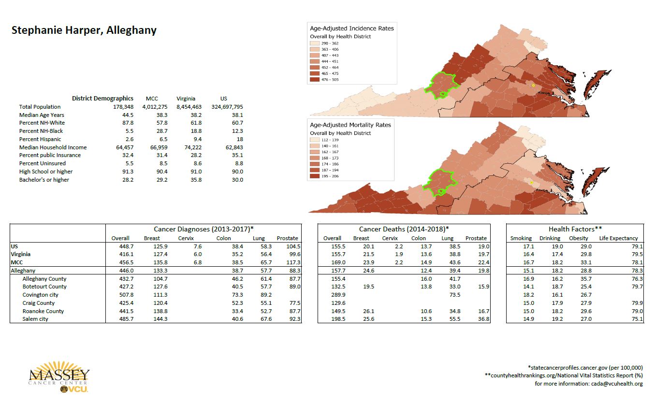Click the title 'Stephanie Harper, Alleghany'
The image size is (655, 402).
pos(84,30)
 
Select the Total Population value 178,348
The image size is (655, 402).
pos(123,107)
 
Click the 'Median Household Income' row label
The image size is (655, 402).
pos(53,147)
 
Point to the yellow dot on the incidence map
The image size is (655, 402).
pos(533,85)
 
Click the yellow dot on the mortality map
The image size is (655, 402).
pos(531,183)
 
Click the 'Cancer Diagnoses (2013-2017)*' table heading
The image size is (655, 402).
pos(204,229)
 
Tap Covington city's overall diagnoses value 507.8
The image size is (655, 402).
pos(120,295)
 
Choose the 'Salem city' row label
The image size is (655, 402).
pos(35,319)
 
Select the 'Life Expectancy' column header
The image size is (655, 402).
pos(618,238)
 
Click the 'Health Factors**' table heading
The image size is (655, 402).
pos(575,229)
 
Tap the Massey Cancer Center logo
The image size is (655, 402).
pos(59,377)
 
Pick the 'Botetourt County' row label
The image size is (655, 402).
pos(44,287)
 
